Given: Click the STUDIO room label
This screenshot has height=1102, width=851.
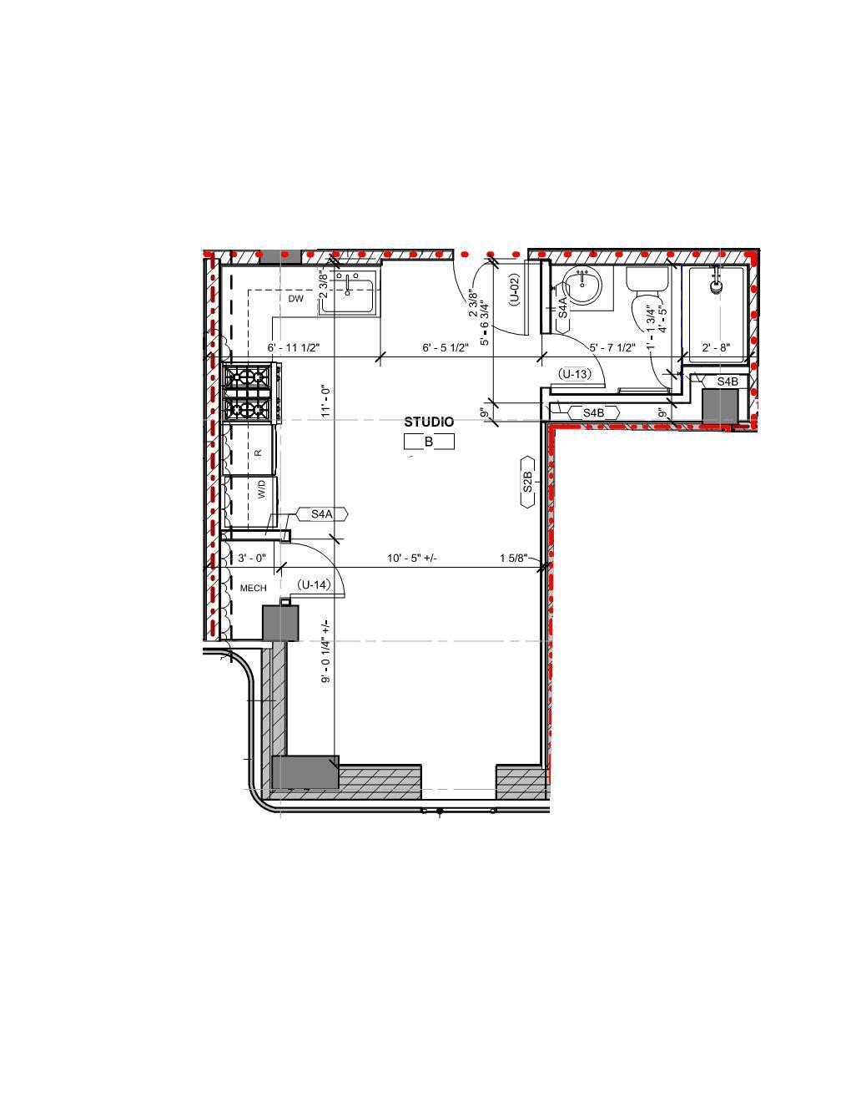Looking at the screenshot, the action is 429,422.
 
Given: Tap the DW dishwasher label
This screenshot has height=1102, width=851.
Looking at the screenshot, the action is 296,299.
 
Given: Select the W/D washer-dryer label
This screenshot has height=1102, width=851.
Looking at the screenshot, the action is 261,490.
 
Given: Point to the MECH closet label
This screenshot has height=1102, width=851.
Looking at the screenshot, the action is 253,589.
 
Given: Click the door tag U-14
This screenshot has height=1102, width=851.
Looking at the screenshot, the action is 315,584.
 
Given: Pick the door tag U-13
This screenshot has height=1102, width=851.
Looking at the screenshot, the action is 575,374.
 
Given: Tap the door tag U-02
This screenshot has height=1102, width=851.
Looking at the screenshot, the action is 515,289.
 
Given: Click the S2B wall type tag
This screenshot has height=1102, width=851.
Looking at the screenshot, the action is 527,482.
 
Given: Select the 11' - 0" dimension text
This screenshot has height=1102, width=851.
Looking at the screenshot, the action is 326,401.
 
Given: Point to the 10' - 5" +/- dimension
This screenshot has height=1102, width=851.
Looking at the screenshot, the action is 412,559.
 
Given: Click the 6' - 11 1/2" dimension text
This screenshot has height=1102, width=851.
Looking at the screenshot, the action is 294,347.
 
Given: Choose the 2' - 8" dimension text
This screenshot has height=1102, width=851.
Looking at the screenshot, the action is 716,347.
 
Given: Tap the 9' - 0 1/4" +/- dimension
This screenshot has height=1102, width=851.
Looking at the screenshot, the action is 326,651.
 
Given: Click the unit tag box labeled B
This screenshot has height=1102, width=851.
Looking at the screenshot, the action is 429,442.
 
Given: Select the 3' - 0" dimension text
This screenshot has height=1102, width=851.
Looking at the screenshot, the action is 252,559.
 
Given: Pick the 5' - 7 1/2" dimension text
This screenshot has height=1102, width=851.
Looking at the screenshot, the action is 612,347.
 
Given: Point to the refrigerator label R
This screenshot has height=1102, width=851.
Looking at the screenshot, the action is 259,452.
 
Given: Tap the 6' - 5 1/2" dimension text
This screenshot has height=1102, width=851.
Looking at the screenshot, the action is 446,347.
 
